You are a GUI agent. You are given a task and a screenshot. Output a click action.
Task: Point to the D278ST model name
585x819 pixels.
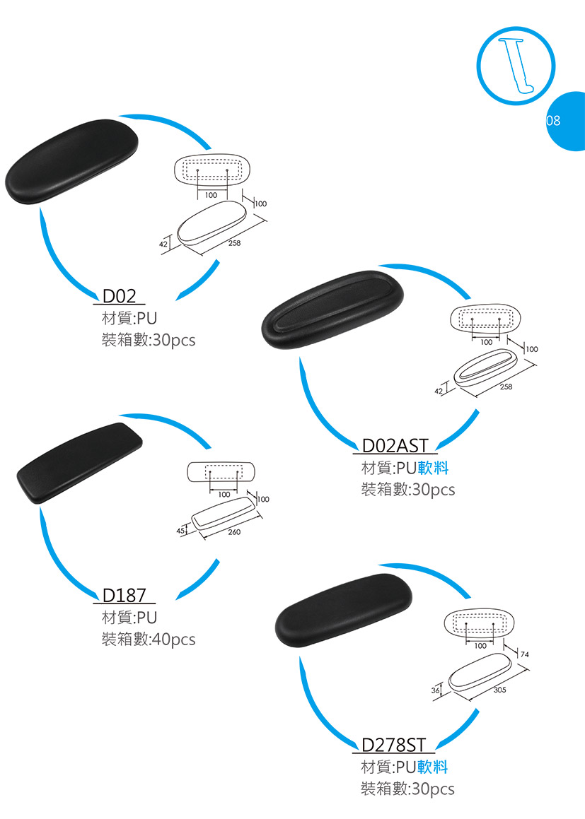tap(394, 745)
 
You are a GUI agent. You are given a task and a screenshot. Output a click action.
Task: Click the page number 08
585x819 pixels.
tap(553, 121)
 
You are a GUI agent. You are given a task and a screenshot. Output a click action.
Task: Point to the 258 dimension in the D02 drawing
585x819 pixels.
tap(235, 243)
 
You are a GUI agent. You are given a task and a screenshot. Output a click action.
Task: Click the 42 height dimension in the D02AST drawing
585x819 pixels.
tap(439, 391)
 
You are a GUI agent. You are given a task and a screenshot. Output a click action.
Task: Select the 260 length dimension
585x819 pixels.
tap(235, 531)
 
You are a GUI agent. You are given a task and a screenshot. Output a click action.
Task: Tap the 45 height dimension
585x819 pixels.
tap(180, 530)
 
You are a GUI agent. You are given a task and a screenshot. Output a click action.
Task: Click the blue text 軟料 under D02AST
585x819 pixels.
tap(433, 468)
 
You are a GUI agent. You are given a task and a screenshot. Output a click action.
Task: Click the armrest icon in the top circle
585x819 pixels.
tap(519, 64)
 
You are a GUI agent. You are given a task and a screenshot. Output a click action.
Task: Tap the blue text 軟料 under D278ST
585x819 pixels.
tap(433, 767)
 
